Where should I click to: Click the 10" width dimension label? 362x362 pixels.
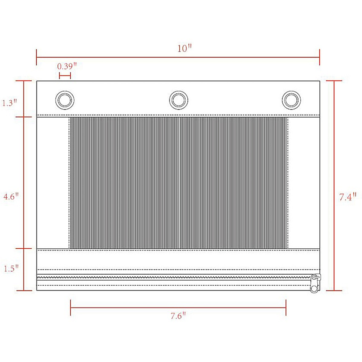click(184, 48)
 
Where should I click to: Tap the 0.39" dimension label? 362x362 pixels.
click(67, 66)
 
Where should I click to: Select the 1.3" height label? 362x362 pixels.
click(9, 103)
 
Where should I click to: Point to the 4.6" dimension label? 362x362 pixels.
click(11, 196)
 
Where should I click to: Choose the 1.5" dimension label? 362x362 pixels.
click(11, 268)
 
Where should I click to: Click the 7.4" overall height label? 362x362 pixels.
click(348, 197)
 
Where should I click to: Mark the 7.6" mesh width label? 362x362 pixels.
click(178, 316)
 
